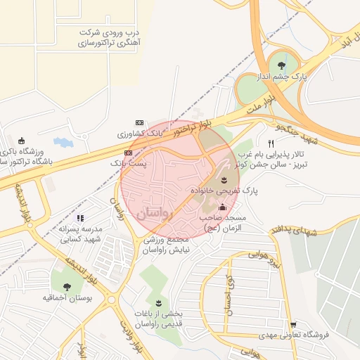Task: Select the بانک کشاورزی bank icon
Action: click(139, 122)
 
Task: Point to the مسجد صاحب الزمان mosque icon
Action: click(223, 207)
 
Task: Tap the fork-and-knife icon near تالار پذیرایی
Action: click(270, 143)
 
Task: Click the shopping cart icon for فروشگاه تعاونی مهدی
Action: click(292, 325)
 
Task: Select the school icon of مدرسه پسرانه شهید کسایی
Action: click(80, 218)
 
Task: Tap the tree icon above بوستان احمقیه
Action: click(67, 286)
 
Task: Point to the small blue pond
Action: click(63, 143)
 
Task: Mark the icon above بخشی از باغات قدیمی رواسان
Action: click(157, 302)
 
